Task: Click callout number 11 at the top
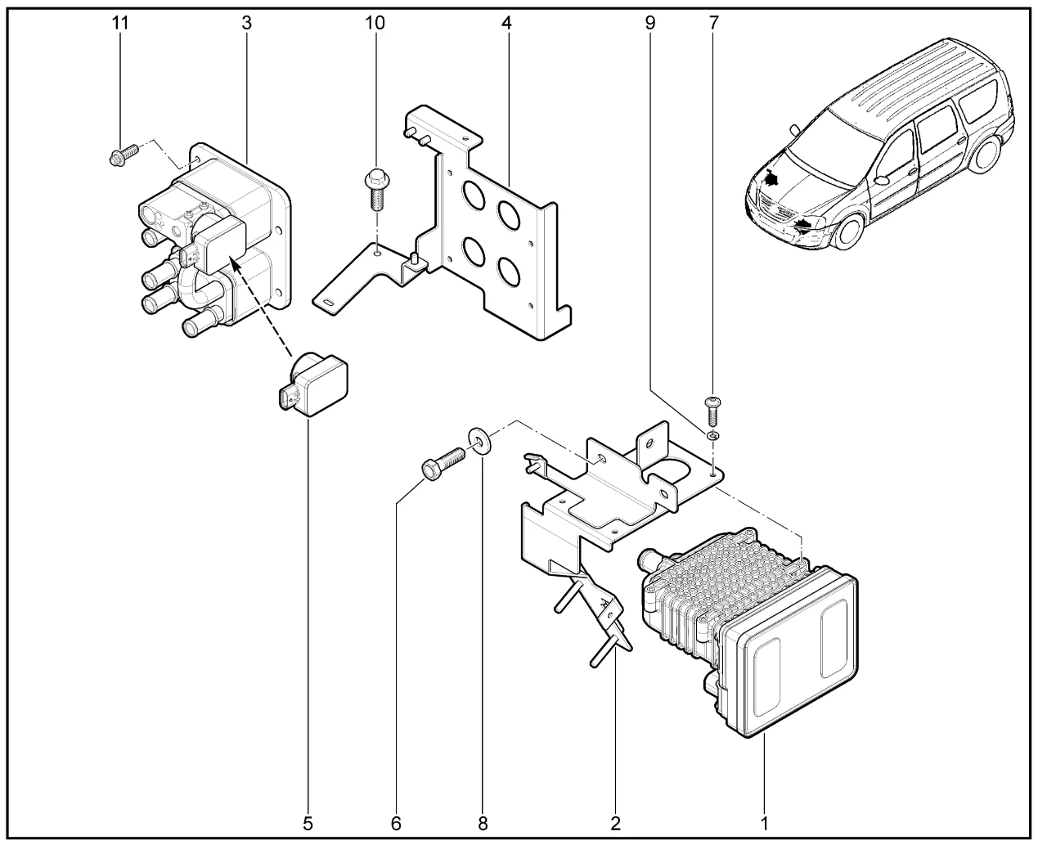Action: [x=121, y=23]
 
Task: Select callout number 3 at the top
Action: [x=246, y=23]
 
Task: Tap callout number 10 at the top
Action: [x=375, y=23]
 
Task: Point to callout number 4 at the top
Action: [x=507, y=23]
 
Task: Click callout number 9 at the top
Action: [x=650, y=23]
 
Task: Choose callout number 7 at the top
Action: [x=712, y=23]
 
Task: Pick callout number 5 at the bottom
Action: [x=308, y=821]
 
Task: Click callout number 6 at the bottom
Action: [x=397, y=821]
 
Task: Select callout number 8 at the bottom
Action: [x=483, y=821]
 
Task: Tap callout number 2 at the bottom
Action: [x=615, y=821]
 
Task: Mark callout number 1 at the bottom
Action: [x=764, y=821]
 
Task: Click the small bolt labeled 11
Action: [x=117, y=155]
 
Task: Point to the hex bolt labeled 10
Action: [x=375, y=185]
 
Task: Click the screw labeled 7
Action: [x=711, y=408]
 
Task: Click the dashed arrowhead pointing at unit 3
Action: [x=235, y=263]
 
